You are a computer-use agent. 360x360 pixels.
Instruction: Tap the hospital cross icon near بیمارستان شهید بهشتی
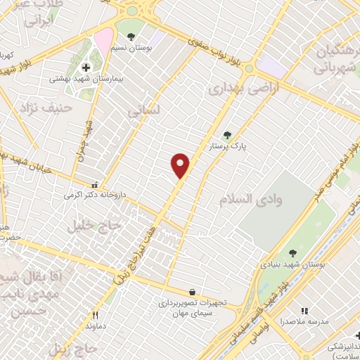click(x=86, y=67)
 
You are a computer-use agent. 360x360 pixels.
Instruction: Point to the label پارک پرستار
click(x=226, y=148)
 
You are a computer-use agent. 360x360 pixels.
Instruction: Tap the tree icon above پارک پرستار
click(x=226, y=135)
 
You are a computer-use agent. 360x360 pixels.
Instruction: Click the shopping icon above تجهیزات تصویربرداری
click(x=192, y=292)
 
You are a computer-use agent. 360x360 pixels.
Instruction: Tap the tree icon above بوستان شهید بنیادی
click(x=293, y=253)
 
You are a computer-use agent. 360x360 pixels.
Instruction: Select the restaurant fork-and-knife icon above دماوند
click(x=95, y=315)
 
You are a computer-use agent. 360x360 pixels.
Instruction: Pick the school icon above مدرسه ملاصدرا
click(x=304, y=311)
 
